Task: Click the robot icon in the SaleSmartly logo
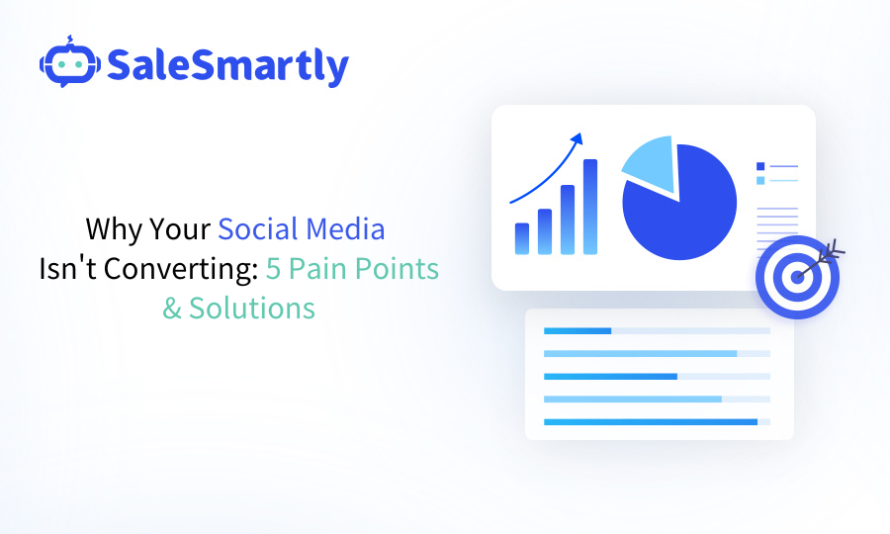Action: tap(68, 63)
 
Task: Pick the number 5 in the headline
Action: tap(273, 269)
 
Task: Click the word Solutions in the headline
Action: tap(252, 309)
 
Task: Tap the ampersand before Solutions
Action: tap(173, 309)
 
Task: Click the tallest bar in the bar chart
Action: tap(590, 207)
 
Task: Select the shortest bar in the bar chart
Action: tap(522, 238)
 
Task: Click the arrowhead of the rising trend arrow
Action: tap(578, 138)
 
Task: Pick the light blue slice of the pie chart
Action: tap(649, 164)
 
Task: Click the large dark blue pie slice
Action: tap(682, 208)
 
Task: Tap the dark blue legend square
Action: tap(760, 166)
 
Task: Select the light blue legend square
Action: tap(760, 180)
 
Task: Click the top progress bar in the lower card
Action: tap(578, 330)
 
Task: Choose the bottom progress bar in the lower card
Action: tap(650, 422)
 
